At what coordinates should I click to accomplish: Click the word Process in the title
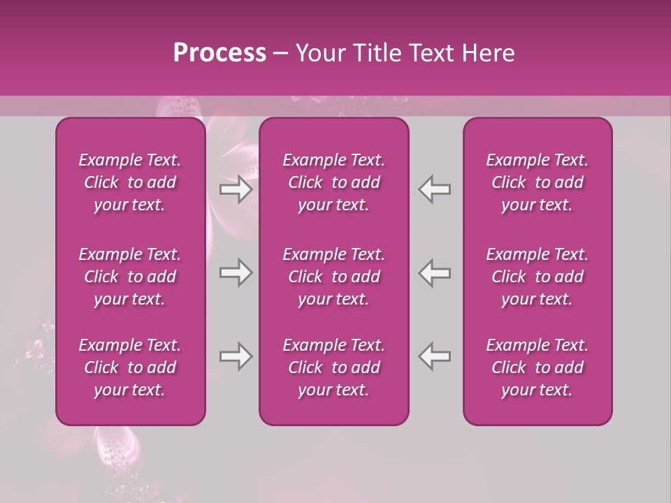(219, 53)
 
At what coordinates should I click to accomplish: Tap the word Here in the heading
(489, 53)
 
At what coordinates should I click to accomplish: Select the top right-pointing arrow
(236, 189)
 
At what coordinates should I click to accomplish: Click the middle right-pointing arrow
(236, 272)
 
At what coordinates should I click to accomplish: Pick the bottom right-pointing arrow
(236, 356)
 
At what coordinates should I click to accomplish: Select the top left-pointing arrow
(435, 189)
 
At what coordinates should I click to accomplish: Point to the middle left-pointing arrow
(435, 272)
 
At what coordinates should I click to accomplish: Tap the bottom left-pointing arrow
(435, 356)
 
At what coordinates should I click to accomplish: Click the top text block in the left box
(130, 182)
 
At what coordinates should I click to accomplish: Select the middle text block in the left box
(130, 277)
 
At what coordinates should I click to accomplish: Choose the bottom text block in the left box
(130, 367)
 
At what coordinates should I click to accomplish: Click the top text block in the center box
(333, 182)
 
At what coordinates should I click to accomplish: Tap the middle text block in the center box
(333, 277)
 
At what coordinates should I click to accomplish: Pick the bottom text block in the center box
(333, 367)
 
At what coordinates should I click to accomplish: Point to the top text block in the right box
(537, 182)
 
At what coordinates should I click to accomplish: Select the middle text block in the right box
(537, 277)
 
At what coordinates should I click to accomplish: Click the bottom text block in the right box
(537, 367)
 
